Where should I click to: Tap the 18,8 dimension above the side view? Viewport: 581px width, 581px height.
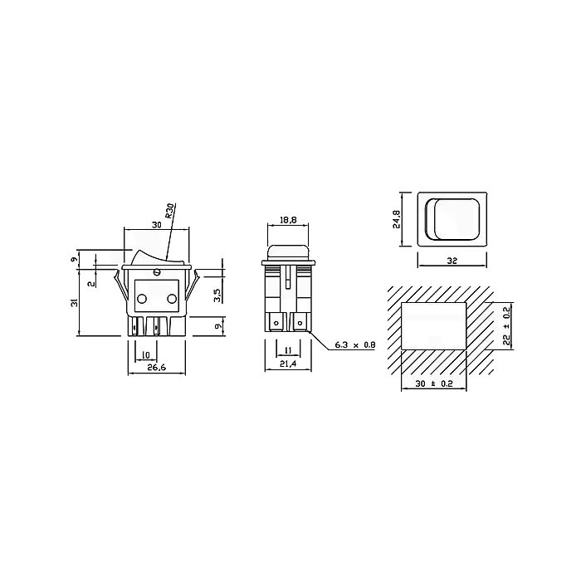(x=288, y=220)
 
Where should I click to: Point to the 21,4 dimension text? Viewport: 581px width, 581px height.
(x=288, y=364)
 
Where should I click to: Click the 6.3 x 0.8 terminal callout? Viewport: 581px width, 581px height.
(x=355, y=345)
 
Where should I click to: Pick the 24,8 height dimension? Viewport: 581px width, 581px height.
(x=397, y=219)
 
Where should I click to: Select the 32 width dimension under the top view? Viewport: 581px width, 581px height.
(x=452, y=261)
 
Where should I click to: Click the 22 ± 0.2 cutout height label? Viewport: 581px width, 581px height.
(x=507, y=325)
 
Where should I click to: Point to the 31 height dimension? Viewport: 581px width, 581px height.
(x=76, y=302)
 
